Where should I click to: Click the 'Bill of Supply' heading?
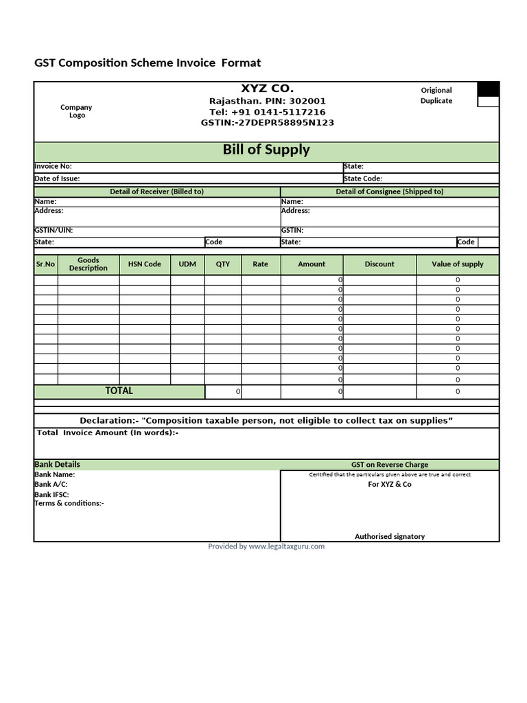point(266,150)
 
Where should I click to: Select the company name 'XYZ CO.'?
point(267,89)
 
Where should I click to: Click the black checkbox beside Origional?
point(488,89)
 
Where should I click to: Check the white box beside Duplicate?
point(488,102)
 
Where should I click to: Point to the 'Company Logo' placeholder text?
point(76,111)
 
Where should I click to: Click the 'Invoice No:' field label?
point(53,166)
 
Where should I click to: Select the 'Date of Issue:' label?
point(57,178)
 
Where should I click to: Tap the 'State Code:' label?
point(363,178)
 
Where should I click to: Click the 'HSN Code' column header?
point(145,264)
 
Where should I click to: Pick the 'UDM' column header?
point(187,264)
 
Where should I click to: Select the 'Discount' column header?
point(379,264)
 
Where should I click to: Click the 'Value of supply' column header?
point(458,264)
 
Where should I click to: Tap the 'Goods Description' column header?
point(89,264)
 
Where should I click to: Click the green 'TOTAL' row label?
point(119,391)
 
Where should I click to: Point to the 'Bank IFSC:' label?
point(52,494)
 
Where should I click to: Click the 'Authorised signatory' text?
point(390,536)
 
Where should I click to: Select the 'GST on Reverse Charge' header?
point(390,465)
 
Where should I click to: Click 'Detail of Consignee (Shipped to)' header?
point(390,192)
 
